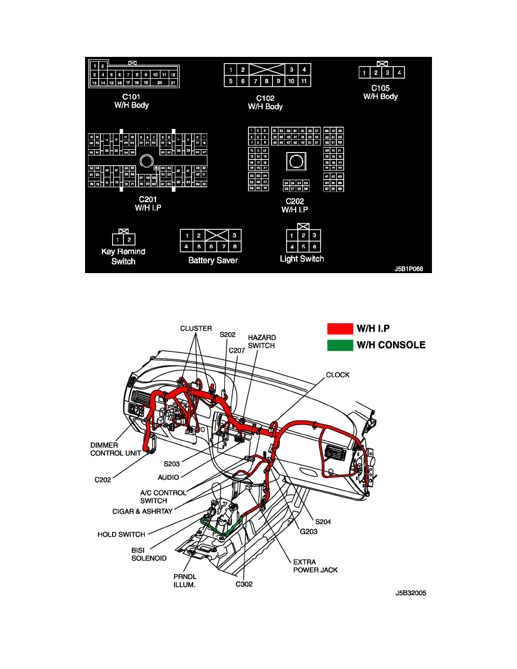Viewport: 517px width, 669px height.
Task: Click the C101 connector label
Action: click(131, 97)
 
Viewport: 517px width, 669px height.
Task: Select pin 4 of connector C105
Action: click(399, 73)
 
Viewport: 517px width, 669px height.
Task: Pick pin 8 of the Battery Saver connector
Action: click(235, 247)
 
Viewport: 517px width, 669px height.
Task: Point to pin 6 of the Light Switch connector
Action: click(315, 247)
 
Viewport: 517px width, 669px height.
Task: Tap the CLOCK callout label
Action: click(338, 374)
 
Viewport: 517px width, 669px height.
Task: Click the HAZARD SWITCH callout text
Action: click(261, 342)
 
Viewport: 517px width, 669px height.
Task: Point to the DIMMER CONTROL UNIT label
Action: click(114, 449)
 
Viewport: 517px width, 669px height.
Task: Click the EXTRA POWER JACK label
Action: click(315, 565)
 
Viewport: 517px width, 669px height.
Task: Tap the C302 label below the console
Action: click(244, 584)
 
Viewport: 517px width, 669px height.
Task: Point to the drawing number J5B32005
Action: click(411, 593)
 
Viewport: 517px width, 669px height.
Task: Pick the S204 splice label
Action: click(323, 521)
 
